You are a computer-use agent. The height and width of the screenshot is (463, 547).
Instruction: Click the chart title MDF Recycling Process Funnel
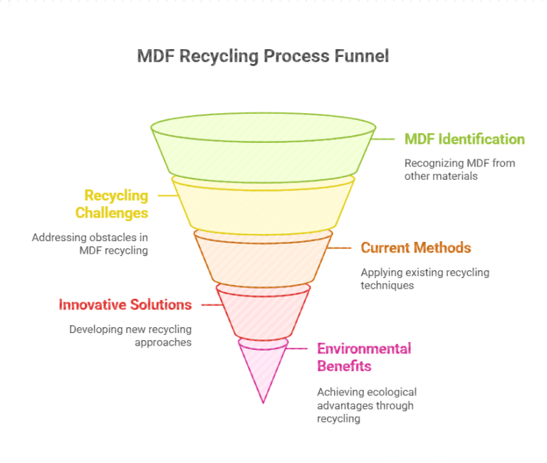pos(263,56)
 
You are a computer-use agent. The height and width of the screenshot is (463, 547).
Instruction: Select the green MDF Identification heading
pos(464,139)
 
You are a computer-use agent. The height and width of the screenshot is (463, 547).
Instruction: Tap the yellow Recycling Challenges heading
pos(116,204)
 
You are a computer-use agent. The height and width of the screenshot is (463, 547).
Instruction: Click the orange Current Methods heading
pos(416,248)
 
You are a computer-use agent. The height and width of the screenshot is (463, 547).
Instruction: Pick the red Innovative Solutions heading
pos(125,305)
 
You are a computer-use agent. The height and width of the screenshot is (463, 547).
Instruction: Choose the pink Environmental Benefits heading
pos(364,357)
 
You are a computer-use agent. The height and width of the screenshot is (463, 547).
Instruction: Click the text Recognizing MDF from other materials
pos(459,169)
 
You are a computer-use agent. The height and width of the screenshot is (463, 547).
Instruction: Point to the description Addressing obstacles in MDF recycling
pos(90,244)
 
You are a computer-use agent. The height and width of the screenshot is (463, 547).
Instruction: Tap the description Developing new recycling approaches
pos(130,336)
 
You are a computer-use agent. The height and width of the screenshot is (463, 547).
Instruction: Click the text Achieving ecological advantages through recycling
pos(366,405)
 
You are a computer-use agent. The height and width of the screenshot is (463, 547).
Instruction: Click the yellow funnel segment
pos(263,206)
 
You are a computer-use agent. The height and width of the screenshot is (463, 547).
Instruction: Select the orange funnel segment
pos(263,257)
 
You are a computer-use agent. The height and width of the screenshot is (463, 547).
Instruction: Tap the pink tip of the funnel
pos(263,370)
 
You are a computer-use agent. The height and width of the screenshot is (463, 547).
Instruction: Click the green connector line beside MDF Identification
pos(386,139)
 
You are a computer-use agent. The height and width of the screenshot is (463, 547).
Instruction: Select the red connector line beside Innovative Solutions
pos(211,305)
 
